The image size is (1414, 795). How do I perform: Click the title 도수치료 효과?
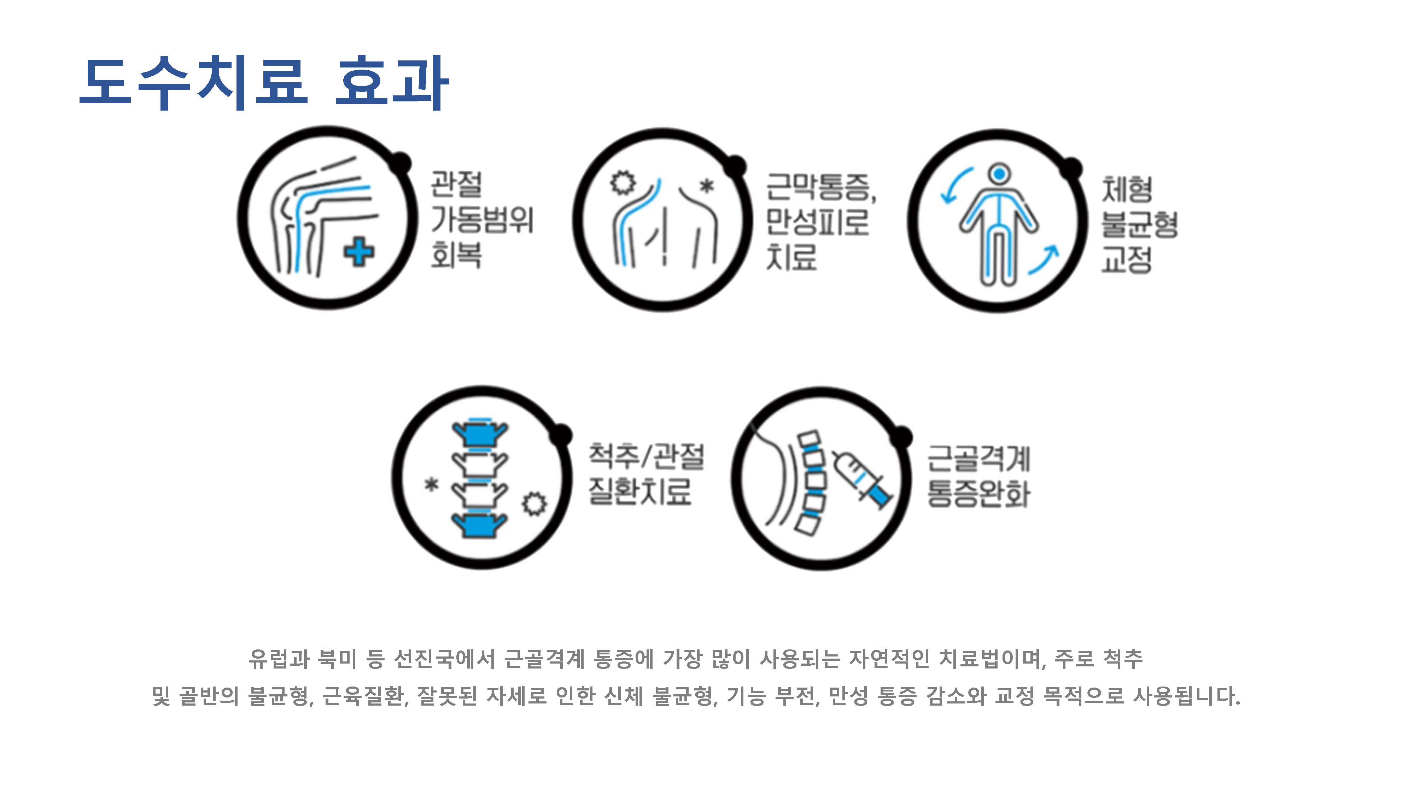[x=264, y=82]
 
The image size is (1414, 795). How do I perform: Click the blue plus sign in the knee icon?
[x=359, y=252]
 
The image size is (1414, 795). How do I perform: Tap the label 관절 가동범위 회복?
[x=481, y=219]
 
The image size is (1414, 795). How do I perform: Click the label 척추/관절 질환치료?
[x=646, y=474]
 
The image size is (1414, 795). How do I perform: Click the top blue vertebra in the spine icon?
[x=480, y=432]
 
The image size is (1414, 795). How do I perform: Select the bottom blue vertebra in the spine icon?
[x=480, y=524]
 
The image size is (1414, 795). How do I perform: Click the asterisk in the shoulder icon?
[x=707, y=186]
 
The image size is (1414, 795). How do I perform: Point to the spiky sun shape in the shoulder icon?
[x=623, y=183]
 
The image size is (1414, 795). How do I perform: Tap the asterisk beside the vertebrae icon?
[x=432, y=484]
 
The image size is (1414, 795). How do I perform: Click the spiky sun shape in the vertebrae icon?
[x=534, y=503]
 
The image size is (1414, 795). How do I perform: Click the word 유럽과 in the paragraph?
[x=279, y=658]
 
